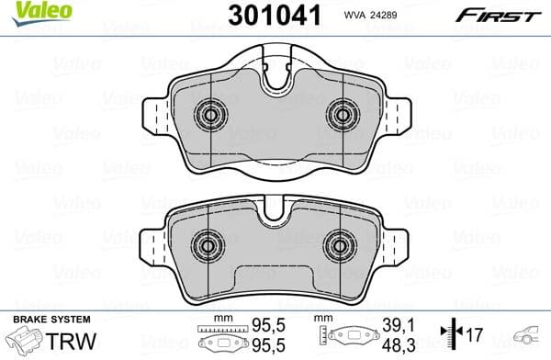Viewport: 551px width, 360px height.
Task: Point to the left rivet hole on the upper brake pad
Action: click(x=211, y=115)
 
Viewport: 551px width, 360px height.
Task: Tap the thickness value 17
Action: click(x=476, y=334)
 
